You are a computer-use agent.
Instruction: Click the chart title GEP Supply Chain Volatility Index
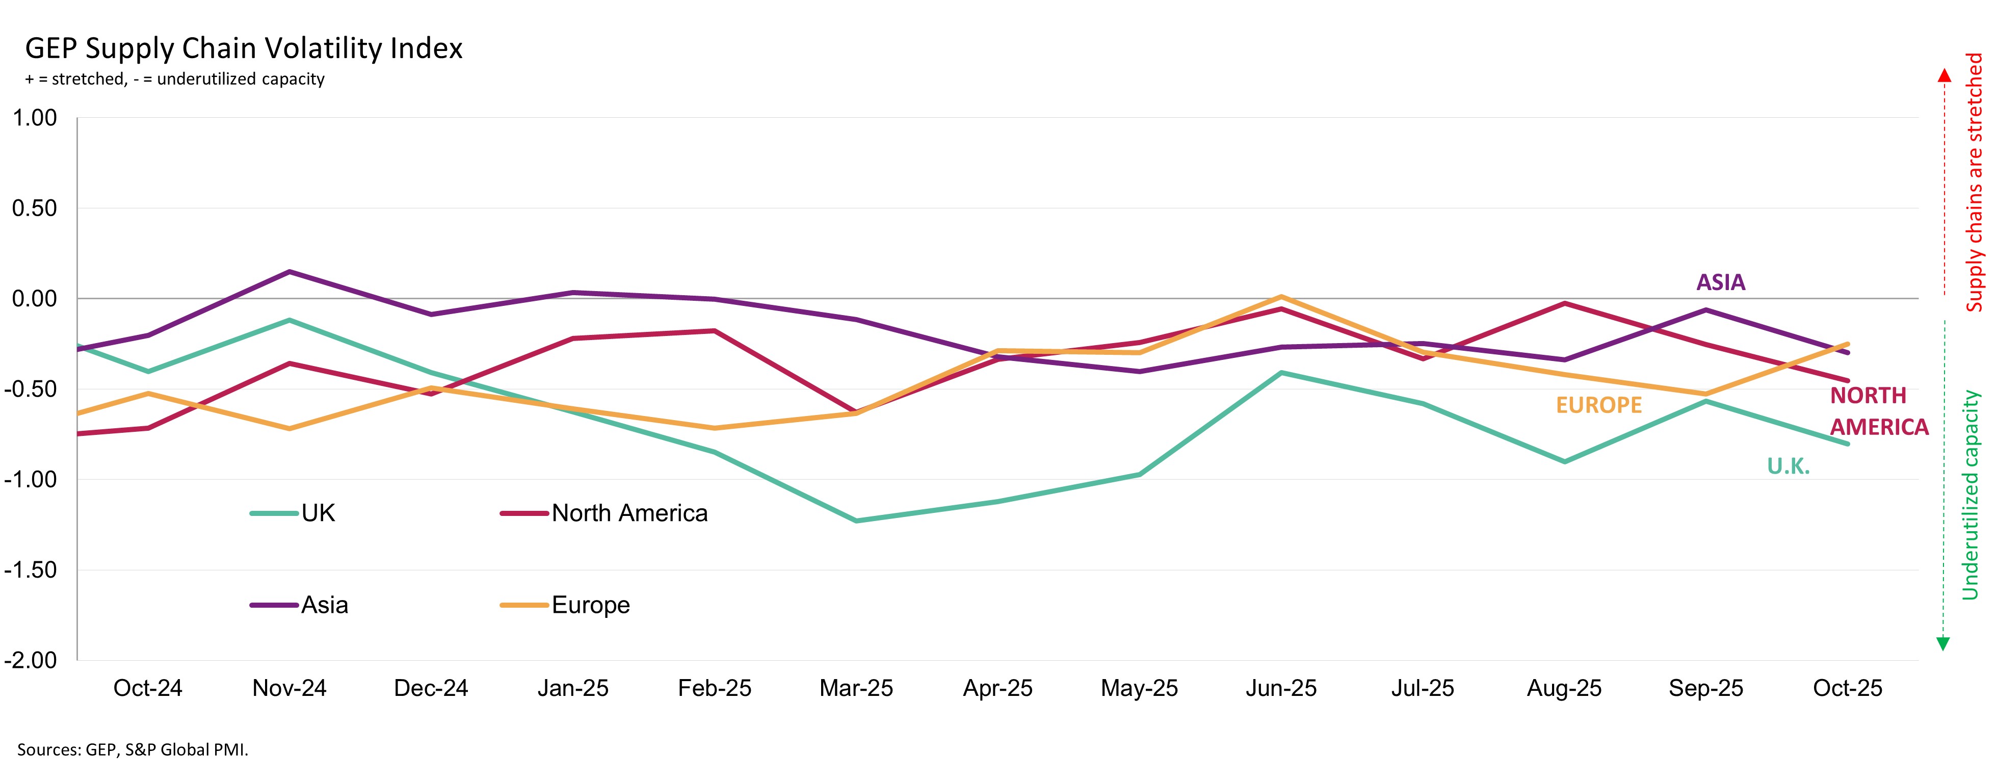point(244,48)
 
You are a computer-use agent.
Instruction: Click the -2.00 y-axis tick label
point(31,660)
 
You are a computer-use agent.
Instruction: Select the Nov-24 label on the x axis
point(289,688)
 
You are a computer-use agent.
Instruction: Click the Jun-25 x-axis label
point(1281,688)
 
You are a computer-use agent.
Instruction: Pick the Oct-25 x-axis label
point(1847,688)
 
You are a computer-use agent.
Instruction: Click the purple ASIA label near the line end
point(1720,282)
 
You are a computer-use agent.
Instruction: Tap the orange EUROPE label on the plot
point(1598,405)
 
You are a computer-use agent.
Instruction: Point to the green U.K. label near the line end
point(1788,466)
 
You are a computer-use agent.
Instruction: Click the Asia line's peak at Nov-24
point(289,271)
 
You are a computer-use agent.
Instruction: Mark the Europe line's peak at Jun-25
point(1281,297)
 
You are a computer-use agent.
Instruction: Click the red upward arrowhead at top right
point(1945,75)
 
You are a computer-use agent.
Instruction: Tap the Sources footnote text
point(133,749)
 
